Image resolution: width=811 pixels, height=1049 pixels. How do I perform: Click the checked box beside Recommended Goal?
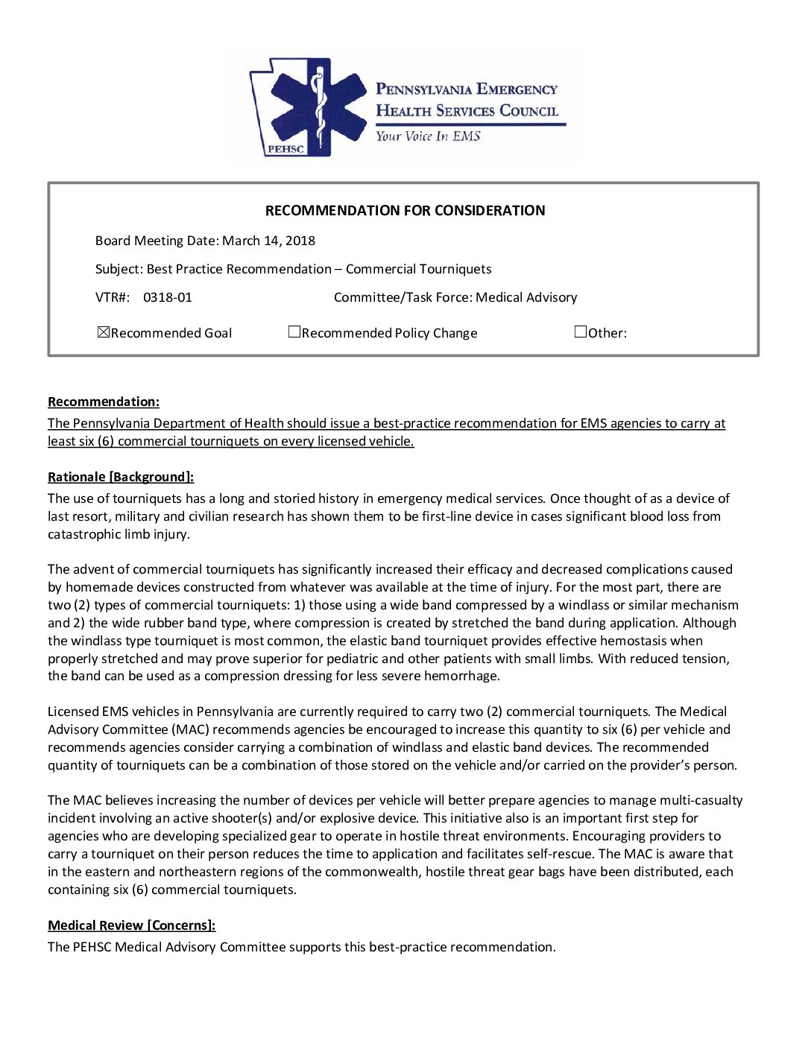pos(104,332)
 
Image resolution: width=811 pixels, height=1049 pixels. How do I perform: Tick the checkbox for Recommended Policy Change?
pos(294,332)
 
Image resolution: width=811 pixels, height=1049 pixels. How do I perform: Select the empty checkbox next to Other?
pos(581,332)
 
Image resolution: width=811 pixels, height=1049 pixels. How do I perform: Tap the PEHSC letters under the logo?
pos(285,149)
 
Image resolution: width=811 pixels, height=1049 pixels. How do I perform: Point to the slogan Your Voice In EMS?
pos(428,136)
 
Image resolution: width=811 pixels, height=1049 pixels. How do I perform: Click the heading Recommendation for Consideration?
pos(405,211)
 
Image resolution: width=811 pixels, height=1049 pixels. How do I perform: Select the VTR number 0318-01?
pos(167,297)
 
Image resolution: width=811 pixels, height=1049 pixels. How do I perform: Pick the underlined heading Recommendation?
pos(104,402)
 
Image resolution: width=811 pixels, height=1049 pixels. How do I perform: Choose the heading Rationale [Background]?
pos(121,478)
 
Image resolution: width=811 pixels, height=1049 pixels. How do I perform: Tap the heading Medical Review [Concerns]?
pos(131,925)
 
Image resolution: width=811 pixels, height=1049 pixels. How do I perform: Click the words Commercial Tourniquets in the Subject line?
pos(418,269)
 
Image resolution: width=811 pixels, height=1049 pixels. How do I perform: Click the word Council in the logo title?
pos(528,111)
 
